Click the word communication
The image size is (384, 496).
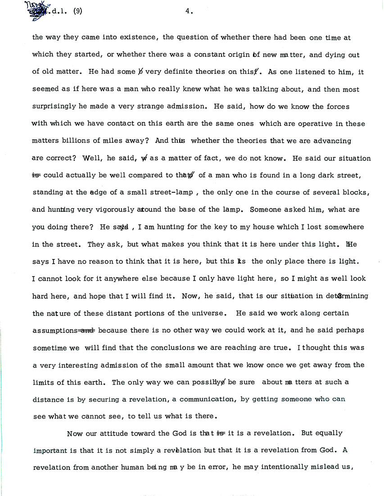[x=211, y=399]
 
